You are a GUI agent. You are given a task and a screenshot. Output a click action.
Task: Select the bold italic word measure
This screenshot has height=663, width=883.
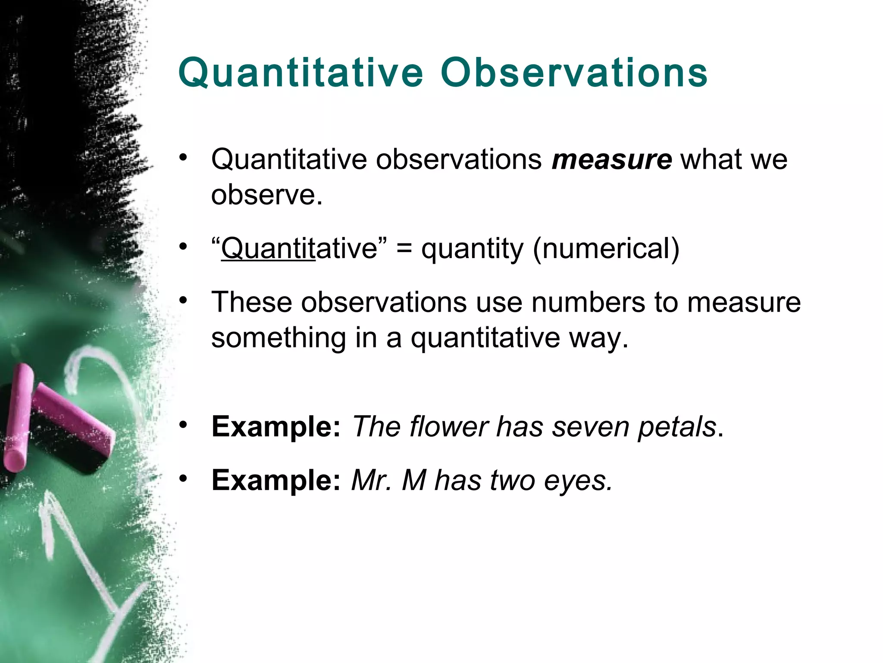click(x=611, y=160)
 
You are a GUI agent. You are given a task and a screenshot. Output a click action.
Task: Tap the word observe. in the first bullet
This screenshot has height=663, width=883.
click(x=266, y=195)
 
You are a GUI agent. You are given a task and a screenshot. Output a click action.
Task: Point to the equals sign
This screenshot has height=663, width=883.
click(x=404, y=249)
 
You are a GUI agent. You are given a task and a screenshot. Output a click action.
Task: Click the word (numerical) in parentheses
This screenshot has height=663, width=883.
click(x=606, y=249)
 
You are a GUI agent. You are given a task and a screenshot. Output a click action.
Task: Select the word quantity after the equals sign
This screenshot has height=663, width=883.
click(x=472, y=250)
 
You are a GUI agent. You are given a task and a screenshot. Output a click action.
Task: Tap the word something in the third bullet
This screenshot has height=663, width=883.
click(x=279, y=338)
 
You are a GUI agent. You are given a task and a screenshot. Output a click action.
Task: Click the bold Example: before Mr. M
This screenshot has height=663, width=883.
click(x=276, y=480)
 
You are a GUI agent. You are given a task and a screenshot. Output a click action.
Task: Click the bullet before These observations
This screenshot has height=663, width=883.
click(x=184, y=300)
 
